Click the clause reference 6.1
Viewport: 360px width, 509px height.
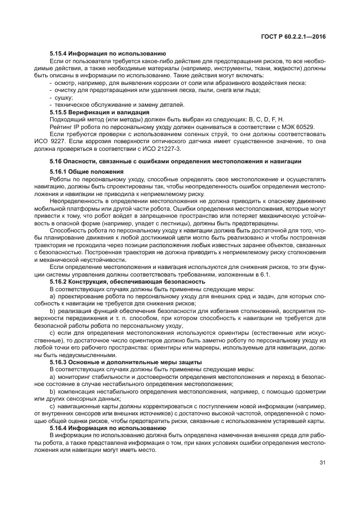(x=265, y=274)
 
